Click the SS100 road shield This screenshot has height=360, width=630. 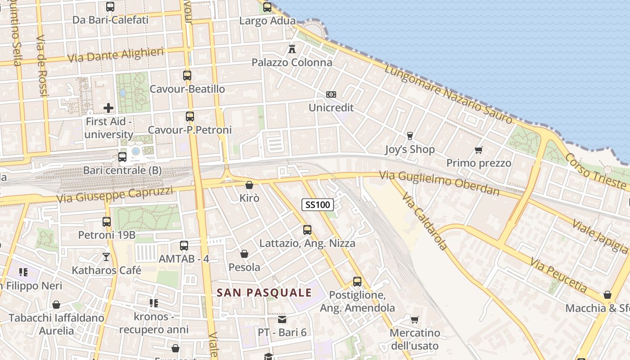(x=318, y=205)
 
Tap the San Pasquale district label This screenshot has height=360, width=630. (x=264, y=292)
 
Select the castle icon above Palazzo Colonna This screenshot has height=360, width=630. (x=292, y=48)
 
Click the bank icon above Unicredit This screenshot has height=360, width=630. (x=331, y=94)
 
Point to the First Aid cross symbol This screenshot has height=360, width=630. (x=108, y=108)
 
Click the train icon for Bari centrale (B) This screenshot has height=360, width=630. (x=122, y=157)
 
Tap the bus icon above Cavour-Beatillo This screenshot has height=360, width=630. (x=187, y=76)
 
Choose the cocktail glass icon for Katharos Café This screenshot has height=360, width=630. (x=106, y=257)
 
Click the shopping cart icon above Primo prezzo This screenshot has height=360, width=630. (x=479, y=150)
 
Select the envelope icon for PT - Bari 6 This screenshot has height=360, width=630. (x=282, y=319)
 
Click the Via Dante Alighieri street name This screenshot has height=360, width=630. (x=115, y=55)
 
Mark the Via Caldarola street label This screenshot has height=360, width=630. (x=425, y=221)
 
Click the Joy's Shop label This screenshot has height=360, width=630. (x=410, y=149)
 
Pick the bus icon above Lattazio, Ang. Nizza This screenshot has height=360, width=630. (x=307, y=230)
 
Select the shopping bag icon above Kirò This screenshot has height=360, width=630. (x=249, y=185)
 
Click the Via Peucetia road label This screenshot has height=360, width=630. (x=558, y=274)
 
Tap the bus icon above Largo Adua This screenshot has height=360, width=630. (x=267, y=7)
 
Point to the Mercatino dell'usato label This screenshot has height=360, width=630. (x=414, y=339)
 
